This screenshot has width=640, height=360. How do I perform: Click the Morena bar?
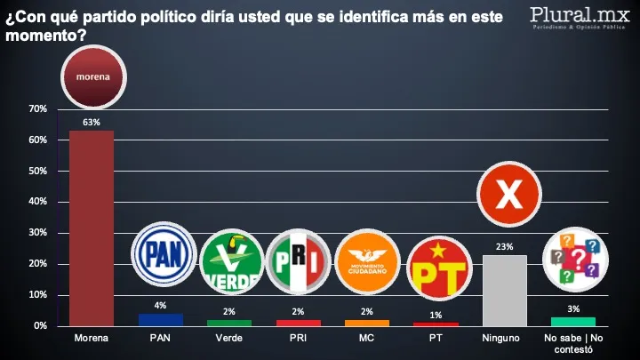(92, 228)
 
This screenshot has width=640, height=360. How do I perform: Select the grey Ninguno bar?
(504, 291)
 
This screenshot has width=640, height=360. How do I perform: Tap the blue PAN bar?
(161, 320)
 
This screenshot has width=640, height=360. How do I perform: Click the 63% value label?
(92, 123)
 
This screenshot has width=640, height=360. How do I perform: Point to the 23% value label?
(504, 247)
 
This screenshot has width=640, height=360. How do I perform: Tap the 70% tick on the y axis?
(37, 109)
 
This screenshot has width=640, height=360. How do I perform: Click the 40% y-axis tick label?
(37, 202)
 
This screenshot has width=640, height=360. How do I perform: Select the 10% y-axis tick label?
(37, 295)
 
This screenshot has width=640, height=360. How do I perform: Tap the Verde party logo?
(230, 261)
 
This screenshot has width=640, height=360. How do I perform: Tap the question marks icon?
(572, 258)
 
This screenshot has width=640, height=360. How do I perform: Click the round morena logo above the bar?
(92, 77)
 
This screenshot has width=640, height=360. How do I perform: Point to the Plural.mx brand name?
(577, 16)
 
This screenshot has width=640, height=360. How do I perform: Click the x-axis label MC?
(367, 339)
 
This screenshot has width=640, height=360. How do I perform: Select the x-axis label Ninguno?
(504, 339)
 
